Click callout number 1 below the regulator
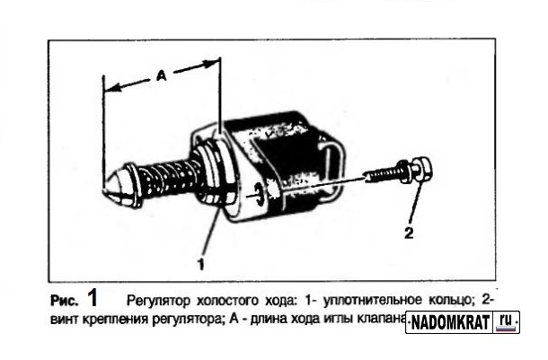(201, 265)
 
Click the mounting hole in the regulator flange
(260, 190)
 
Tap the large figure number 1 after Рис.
(93, 297)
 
